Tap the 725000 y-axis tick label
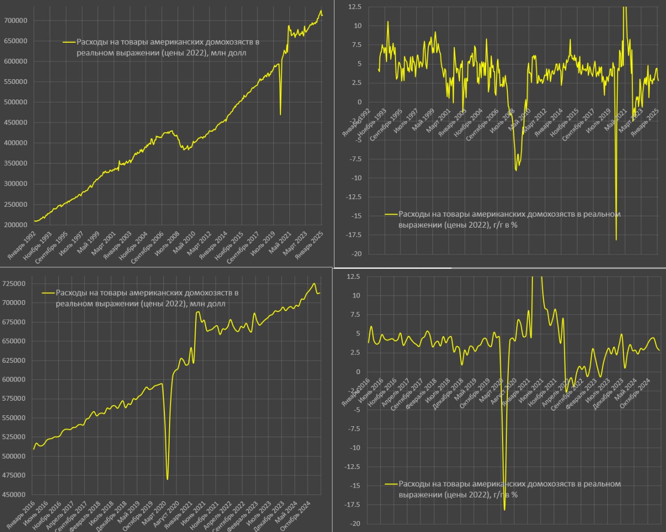pos(15,283)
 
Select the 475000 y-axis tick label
pos(15,475)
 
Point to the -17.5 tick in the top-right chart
pos(354,235)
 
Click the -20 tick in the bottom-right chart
pos(355,524)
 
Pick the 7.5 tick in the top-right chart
pos(356,45)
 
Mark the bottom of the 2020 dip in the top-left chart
pos(280,114)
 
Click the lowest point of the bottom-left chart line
pos(167,479)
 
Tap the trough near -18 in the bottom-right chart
pos(504,510)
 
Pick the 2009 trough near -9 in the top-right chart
pos(516,170)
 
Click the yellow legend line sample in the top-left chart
pos(69,42)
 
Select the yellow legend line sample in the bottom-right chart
pos(391,484)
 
